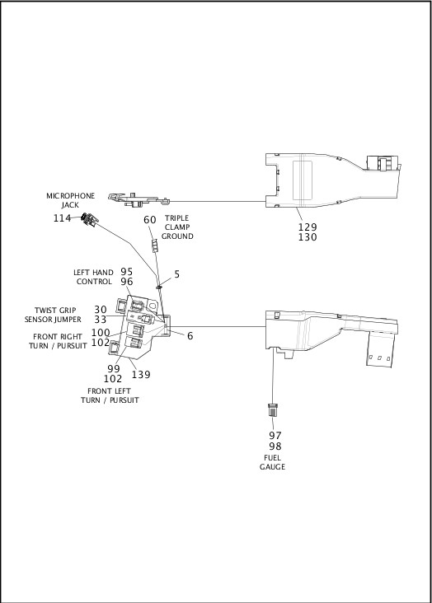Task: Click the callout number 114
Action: (62, 218)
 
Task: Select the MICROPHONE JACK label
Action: (70, 200)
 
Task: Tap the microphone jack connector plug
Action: (90, 220)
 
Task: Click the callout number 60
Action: (150, 220)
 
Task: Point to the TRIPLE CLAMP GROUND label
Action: (177, 227)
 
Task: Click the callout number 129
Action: (308, 227)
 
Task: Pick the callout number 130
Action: (308, 237)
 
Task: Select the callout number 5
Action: (177, 274)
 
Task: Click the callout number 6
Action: (190, 336)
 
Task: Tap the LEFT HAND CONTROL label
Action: (93, 277)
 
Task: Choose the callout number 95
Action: (127, 272)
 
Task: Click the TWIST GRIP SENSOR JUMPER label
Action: (53, 315)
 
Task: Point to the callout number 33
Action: (101, 319)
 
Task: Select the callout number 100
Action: (101, 332)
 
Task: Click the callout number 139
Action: (141, 374)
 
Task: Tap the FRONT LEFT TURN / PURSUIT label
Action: (110, 395)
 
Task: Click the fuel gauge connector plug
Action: (273, 409)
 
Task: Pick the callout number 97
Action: (275, 435)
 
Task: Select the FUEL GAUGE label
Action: (272, 462)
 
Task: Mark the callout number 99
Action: (114, 368)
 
